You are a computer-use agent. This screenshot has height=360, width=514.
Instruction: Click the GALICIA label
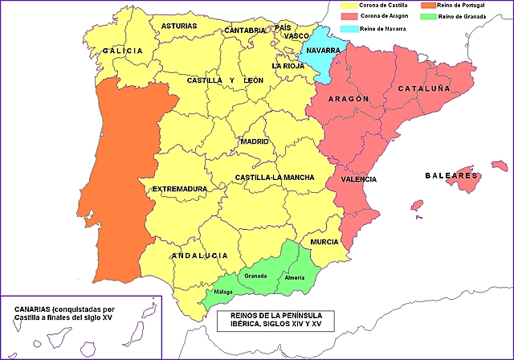point(122,51)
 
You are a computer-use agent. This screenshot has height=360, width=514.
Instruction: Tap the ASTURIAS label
point(178,26)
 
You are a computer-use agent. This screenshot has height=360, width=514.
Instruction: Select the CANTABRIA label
point(245,31)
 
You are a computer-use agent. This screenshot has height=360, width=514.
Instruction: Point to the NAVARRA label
point(321,50)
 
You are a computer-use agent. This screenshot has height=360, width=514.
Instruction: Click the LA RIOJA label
point(288,66)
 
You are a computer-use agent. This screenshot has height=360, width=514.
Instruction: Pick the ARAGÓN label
point(348,99)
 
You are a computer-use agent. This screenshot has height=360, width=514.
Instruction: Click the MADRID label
point(254,141)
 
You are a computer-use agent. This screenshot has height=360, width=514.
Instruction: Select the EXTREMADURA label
point(179,190)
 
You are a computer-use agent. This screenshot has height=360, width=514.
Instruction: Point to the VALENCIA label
point(358,179)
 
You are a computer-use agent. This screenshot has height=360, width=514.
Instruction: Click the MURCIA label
point(324,241)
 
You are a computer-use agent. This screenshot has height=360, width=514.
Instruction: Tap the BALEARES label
point(451,175)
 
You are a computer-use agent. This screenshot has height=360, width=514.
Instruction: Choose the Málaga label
point(223,292)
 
